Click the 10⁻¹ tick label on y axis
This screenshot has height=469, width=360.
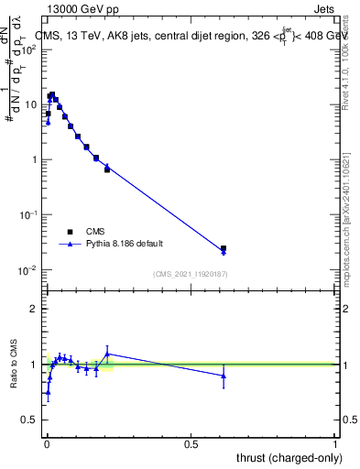click(x=28, y=214)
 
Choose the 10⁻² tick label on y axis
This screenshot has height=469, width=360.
click(x=28, y=269)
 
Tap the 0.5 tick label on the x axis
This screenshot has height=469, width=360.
click(x=191, y=443)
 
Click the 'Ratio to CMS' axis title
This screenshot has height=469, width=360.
click(x=14, y=364)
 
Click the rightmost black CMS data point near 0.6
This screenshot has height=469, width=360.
click(x=224, y=248)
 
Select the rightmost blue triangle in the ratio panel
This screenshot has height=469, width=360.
click(x=224, y=376)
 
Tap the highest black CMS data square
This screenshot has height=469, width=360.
click(x=52, y=94)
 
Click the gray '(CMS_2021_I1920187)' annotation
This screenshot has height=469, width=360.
click(x=189, y=274)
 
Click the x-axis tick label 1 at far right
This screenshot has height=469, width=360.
click(x=335, y=443)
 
